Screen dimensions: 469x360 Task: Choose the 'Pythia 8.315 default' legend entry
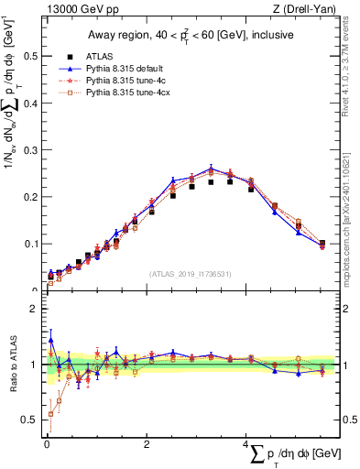[126, 69]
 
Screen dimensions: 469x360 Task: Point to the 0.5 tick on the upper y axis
[31, 56]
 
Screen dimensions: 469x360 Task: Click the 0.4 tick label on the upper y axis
[31, 103]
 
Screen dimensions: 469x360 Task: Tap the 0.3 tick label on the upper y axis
[31, 150]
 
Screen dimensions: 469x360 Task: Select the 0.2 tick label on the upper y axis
[31, 197]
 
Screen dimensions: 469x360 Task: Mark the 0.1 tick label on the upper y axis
[31, 245]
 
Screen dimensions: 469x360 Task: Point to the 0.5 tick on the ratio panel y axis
[31, 420]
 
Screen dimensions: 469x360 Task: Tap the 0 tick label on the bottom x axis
[47, 444]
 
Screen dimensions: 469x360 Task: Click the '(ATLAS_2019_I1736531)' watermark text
[190, 274]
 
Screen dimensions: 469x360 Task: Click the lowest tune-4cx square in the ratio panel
[50, 414]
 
